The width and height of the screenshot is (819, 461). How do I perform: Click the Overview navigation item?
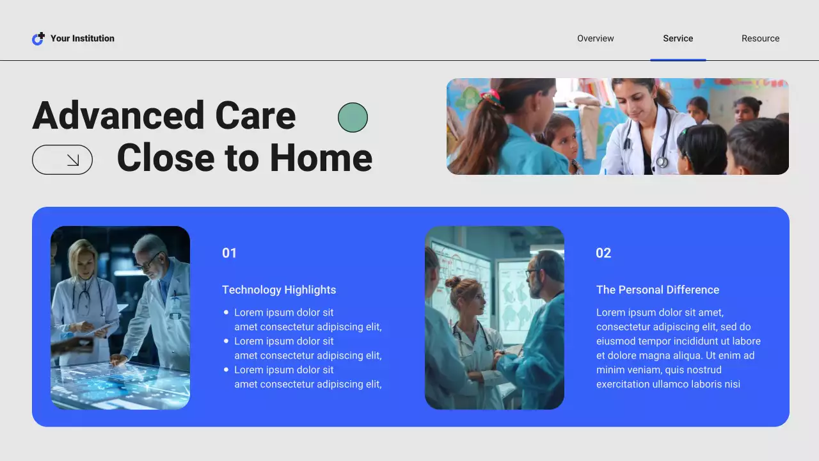click(x=595, y=38)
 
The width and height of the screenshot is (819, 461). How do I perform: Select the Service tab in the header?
click(x=678, y=38)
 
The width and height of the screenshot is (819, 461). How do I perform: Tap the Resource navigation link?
click(x=760, y=38)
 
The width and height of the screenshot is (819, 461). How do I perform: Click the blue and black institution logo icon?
click(x=38, y=39)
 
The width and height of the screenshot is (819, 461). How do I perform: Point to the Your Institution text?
click(x=82, y=38)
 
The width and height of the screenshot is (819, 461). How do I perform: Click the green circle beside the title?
click(x=353, y=117)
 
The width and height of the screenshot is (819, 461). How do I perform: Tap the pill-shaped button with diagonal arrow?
click(x=62, y=160)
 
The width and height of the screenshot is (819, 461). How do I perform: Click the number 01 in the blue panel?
click(x=229, y=253)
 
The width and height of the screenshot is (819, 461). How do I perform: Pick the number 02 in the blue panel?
click(x=603, y=253)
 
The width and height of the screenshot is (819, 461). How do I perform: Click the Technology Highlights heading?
click(x=279, y=290)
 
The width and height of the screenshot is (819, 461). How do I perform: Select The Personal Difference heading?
click(x=658, y=290)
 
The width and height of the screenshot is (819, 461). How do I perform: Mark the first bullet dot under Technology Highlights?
click(x=226, y=312)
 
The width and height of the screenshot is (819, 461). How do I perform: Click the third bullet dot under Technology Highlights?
click(x=226, y=369)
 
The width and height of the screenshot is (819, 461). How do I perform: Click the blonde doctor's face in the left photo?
click(x=83, y=259)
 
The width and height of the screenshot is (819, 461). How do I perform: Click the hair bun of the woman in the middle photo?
click(x=452, y=282)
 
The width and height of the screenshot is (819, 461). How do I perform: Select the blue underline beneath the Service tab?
click(x=678, y=60)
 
